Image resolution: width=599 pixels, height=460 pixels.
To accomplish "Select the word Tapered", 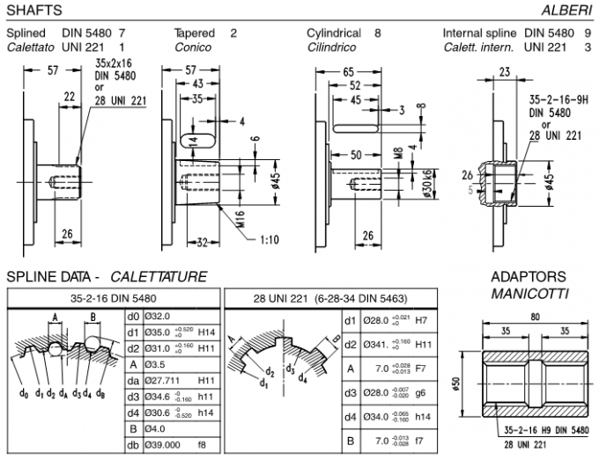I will (x=195, y=33).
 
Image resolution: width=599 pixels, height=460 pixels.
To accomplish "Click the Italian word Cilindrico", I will (x=332, y=47).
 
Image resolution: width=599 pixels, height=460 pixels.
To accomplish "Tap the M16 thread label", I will (x=240, y=217).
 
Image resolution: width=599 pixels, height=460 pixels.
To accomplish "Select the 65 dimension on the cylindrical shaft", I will (x=350, y=72).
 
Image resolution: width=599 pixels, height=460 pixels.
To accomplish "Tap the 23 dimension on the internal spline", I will (x=504, y=73).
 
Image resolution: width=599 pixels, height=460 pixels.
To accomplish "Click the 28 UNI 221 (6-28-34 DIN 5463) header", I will (x=329, y=298).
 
